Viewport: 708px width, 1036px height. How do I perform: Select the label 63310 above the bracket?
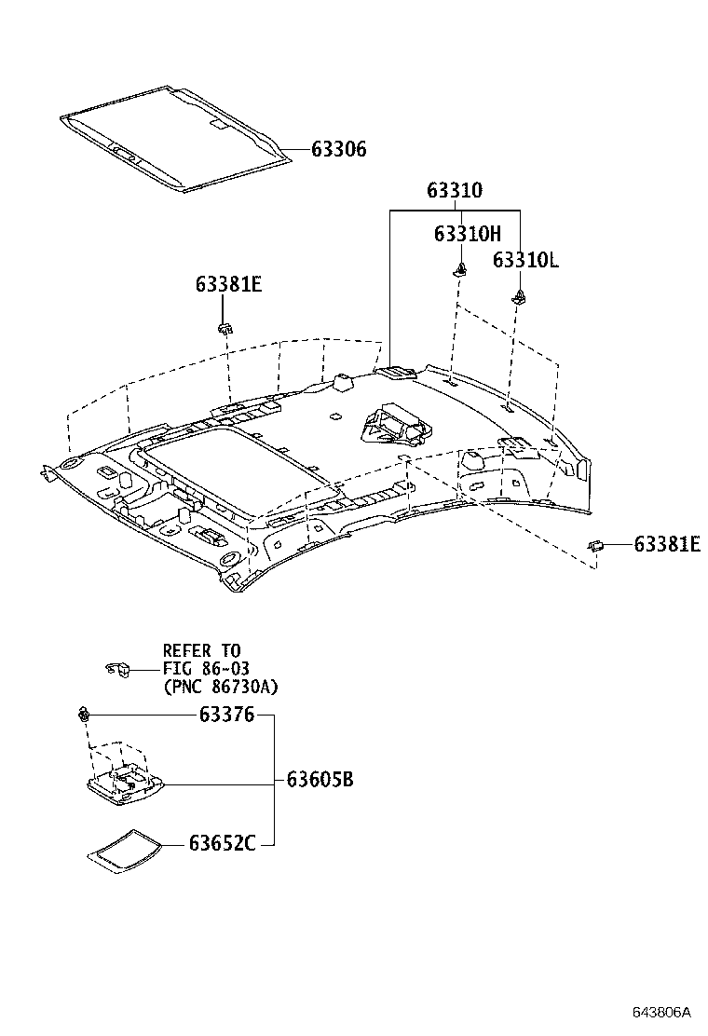click(x=455, y=190)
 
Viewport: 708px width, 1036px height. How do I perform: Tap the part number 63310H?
click(x=467, y=235)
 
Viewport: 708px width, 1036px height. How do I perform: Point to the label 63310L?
click(x=525, y=260)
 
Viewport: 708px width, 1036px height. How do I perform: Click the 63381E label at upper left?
click(x=228, y=284)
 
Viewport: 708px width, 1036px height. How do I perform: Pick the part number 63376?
click(x=226, y=715)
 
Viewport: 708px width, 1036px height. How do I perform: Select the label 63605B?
click(x=320, y=780)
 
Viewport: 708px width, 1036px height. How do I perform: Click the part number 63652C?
click(x=222, y=844)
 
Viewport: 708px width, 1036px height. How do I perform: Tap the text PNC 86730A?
click(x=220, y=687)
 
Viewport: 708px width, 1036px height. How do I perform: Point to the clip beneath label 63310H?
click(x=460, y=271)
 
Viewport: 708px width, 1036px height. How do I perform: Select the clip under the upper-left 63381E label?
click(x=225, y=327)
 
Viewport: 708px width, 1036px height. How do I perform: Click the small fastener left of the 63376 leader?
click(x=84, y=716)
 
